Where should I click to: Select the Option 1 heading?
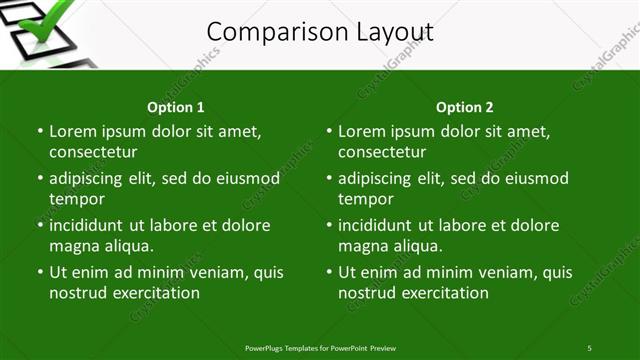pyautogui.click(x=176, y=107)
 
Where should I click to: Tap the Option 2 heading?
pyautogui.click(x=465, y=107)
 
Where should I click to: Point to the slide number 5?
pyautogui.click(x=589, y=348)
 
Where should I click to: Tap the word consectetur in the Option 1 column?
pyautogui.click(x=93, y=152)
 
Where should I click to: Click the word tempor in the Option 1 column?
pyautogui.click(x=72, y=199)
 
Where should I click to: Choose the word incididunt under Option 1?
pyautogui.click(x=88, y=225)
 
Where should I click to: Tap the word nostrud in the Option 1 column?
pyautogui.click(x=76, y=293)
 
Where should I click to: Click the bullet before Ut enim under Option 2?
pyautogui.click(x=329, y=272)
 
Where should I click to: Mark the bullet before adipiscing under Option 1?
pyautogui.click(x=40, y=178)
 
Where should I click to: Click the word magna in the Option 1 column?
pyautogui.click(x=72, y=246)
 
